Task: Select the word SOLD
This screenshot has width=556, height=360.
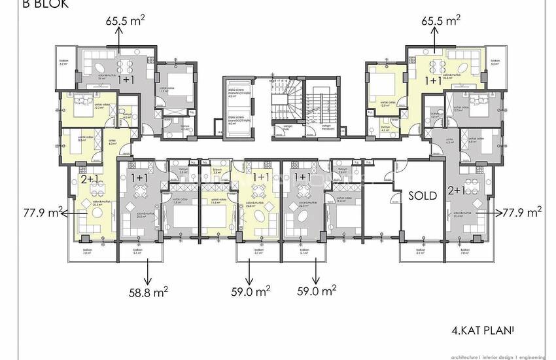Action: click(423, 196)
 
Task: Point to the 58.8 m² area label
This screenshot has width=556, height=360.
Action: click(147, 293)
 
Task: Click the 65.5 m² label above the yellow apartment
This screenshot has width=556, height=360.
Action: click(440, 20)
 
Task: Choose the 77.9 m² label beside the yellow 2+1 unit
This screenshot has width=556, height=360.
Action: click(31, 212)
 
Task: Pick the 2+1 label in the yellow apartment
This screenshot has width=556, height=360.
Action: click(88, 178)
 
